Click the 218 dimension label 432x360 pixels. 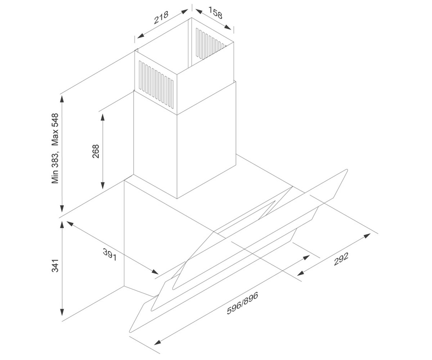[x=161, y=18]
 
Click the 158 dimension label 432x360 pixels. [x=215, y=13]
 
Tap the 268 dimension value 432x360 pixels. [x=96, y=151]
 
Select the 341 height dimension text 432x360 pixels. [x=55, y=266]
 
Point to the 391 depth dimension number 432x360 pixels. [x=110, y=255]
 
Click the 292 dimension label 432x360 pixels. [x=341, y=259]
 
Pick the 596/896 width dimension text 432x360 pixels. [x=243, y=303]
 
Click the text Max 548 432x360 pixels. [x=55, y=130]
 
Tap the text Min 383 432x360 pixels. [x=55, y=168]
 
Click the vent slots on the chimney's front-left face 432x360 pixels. [x=156, y=84]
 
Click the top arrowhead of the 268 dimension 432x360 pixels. [x=102, y=117]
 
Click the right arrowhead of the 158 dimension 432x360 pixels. [x=228, y=27]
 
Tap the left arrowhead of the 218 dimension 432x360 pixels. [x=141, y=36]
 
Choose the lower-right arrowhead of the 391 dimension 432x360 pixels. [x=155, y=272]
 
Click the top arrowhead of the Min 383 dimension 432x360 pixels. [x=62, y=99]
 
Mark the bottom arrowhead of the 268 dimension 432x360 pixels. [x=102, y=185]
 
